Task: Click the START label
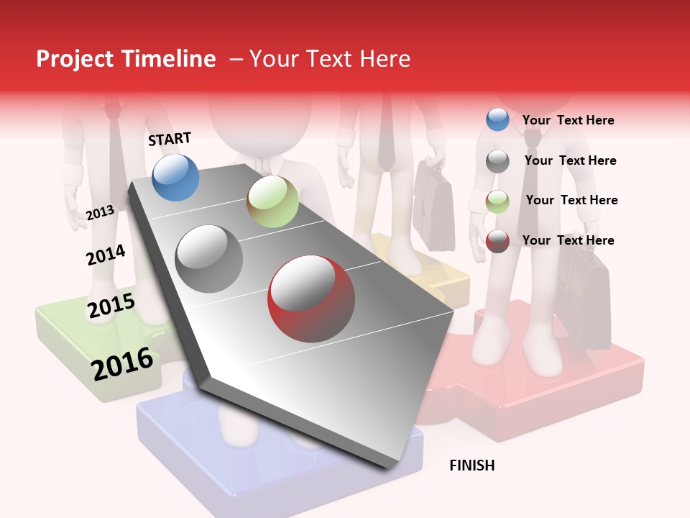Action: (x=170, y=139)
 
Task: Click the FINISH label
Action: (x=471, y=465)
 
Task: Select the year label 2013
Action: (x=100, y=213)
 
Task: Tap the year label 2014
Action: (x=106, y=255)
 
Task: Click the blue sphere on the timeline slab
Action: (x=175, y=177)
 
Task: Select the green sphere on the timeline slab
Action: (x=272, y=201)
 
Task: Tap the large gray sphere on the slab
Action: (x=209, y=258)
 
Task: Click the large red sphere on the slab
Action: (x=311, y=299)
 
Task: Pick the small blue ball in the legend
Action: (x=497, y=120)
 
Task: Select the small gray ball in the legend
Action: (x=497, y=161)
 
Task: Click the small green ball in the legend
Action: (x=497, y=201)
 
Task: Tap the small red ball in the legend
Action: (x=497, y=241)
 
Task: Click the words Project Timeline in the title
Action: (x=126, y=59)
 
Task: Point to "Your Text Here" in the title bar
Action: (x=329, y=59)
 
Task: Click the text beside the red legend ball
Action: (x=568, y=240)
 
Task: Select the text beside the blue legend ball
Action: (x=568, y=120)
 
